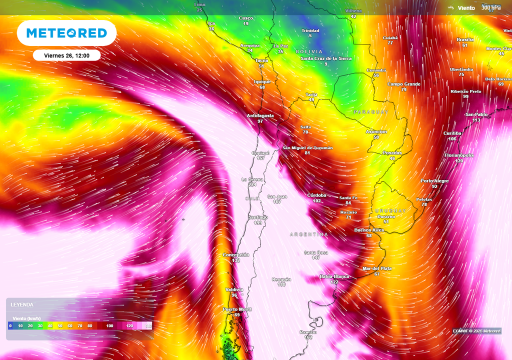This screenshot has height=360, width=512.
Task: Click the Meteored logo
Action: point(66,33)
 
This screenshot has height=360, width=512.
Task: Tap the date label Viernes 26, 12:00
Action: point(66,55)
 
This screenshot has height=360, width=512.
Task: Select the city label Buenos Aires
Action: point(369,230)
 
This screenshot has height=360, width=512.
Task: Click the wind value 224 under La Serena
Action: point(252,184)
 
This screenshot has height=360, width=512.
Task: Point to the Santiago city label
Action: point(258,217)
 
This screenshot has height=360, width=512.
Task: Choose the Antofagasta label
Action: point(260,115)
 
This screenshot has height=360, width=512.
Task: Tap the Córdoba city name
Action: point(316,195)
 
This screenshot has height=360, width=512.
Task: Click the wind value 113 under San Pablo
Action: point(476,120)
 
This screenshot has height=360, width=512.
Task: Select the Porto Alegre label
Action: point(434,180)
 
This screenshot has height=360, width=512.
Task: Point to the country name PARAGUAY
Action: point(370,112)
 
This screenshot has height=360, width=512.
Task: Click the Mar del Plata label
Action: point(377,268)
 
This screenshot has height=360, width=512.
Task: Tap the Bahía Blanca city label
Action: point(334,276)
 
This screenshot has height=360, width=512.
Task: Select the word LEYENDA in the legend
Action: point(22,304)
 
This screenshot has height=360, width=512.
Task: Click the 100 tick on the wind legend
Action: point(109,326)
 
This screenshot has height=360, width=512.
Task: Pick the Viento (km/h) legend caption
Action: point(26,318)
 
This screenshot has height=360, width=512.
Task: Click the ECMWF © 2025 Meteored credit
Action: point(476,331)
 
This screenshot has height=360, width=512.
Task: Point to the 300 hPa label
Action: point(490,7)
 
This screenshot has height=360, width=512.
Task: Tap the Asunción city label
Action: point(376,131)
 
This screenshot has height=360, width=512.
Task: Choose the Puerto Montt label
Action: point(237,309)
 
